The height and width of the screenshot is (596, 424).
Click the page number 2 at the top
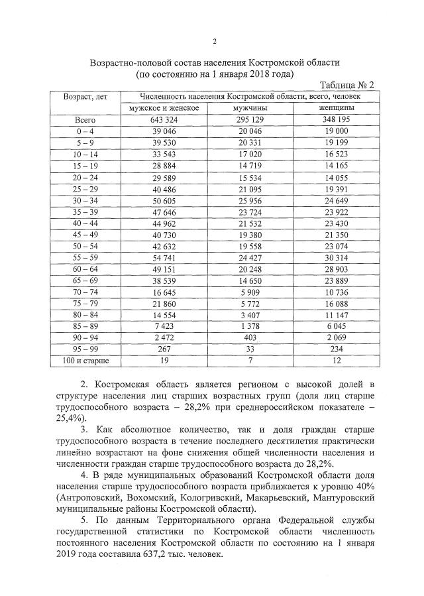(214, 41)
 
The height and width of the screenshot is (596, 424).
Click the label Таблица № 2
(346, 86)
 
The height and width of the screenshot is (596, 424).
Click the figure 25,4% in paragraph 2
(72, 418)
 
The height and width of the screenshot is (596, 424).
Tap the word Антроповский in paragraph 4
(95, 497)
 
